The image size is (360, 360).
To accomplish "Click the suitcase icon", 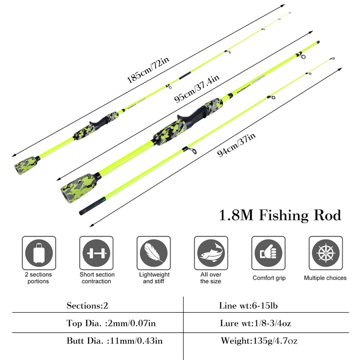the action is [39, 253].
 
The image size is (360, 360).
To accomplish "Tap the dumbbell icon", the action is [96, 253].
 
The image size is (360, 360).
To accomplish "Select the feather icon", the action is [154, 253].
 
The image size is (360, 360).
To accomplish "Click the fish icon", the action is [211, 253].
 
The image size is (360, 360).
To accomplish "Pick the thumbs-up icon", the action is [268, 253].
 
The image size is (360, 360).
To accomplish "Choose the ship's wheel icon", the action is [326, 253].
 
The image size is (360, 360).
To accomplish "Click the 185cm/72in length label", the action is [148, 70].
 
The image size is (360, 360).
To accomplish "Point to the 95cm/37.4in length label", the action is [197, 88].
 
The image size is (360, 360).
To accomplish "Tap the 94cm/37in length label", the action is [236, 144].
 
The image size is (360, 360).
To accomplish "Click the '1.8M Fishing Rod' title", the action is [280, 216].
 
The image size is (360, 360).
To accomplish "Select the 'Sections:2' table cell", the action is [87, 306].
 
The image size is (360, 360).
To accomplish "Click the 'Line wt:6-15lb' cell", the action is [248, 306].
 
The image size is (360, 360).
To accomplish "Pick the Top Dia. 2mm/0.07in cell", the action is [111, 323].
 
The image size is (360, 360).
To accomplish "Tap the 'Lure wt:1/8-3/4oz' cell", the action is [255, 323].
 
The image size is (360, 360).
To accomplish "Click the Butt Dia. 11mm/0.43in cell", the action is [115, 341].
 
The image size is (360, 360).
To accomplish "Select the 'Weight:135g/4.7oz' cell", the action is [259, 341].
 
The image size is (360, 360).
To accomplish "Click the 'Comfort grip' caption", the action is [269, 278].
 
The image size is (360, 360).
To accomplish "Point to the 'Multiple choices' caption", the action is [325, 278].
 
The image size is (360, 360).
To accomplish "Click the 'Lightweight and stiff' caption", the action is [154, 278].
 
